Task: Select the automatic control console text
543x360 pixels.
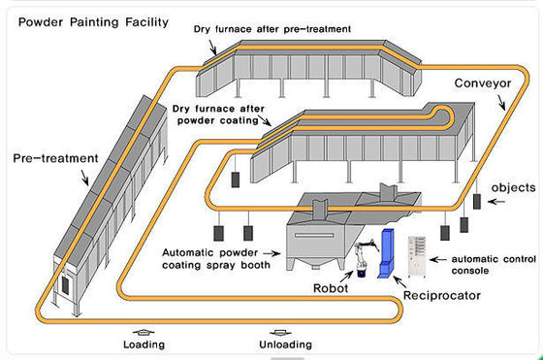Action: point(485,265)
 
